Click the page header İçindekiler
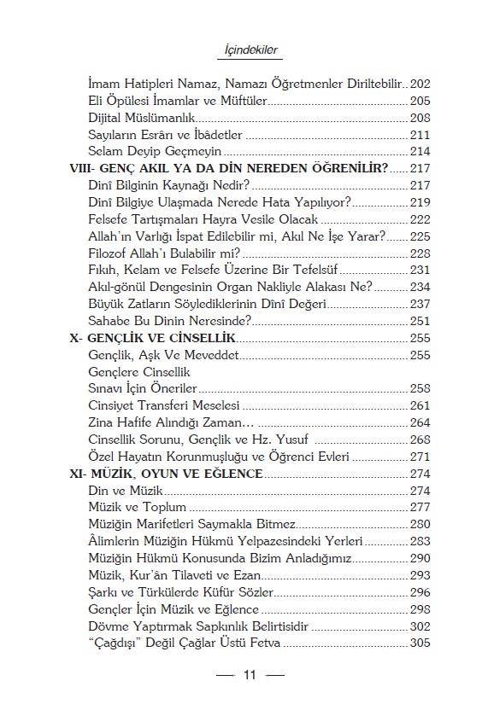pos(246,50)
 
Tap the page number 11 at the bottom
pos(250,676)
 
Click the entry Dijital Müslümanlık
pos(142,118)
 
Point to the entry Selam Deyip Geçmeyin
pos(150,151)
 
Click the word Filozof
pos(110,253)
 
